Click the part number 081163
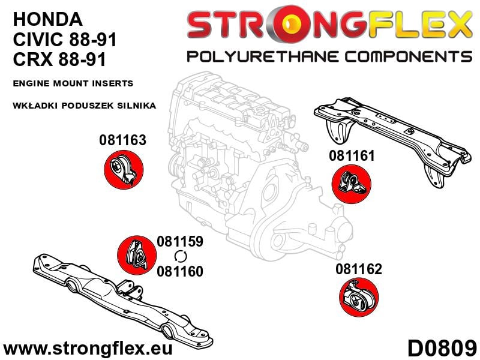tap(123, 140)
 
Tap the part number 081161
tap(352, 156)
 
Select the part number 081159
tap(180, 241)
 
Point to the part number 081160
tap(180, 271)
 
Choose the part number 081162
tap(359, 269)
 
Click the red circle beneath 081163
tap(124, 170)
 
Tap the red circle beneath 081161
tap(352, 184)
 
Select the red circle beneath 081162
tap(359, 297)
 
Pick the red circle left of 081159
tap(137, 256)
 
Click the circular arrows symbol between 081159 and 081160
tap(181, 256)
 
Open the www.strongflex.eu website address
tap(88, 349)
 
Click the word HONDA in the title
tap(48, 19)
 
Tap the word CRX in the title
tap(33, 59)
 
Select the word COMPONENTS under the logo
tap(409, 57)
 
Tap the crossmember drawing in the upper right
tap(392, 141)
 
